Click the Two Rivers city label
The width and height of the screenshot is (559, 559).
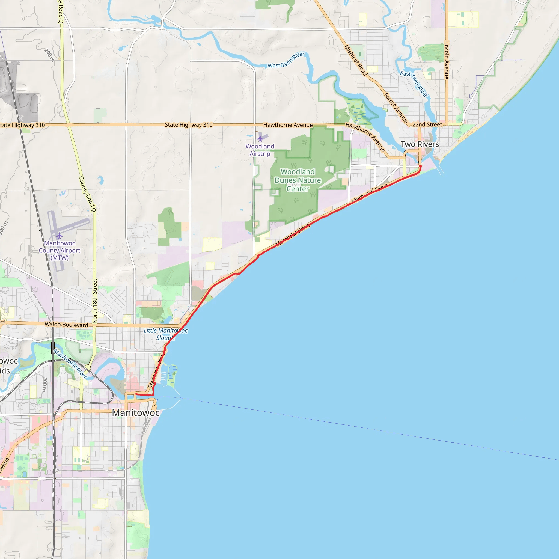pos(420,144)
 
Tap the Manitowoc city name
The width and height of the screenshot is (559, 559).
pos(136,413)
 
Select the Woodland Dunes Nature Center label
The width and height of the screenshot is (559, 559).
pos(298,180)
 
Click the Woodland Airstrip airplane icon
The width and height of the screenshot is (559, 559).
pos(260,138)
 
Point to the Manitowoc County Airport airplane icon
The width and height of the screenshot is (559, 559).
pos(60,236)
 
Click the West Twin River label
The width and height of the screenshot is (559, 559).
pos(286,60)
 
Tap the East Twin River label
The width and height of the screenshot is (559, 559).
pos(414,83)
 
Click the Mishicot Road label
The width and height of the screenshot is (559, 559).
pos(355,60)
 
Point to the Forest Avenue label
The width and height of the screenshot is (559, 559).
pos(396,108)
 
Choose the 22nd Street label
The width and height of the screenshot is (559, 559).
pos(427,125)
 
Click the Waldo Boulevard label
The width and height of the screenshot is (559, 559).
pos(66,325)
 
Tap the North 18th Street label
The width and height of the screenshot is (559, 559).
pos(95,301)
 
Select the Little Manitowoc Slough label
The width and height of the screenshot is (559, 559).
pos(165,334)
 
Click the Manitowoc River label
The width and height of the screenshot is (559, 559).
pos(70,364)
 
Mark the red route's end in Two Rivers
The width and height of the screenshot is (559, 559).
pos(420,166)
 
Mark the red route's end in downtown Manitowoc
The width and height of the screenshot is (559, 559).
pos(136,394)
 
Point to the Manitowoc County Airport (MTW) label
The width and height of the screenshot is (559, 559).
pos(60,251)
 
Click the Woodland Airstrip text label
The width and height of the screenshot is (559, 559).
pos(260,150)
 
